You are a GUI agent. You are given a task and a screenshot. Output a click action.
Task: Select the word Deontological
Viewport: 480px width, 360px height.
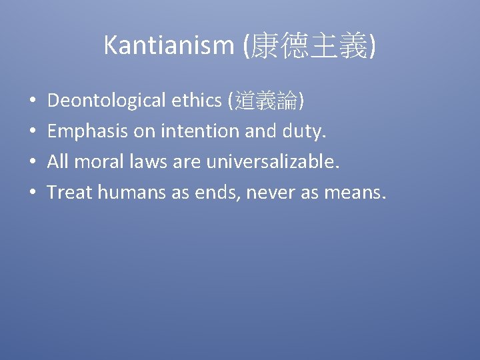107,101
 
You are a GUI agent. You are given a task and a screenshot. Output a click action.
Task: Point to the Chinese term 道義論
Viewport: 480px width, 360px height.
266,101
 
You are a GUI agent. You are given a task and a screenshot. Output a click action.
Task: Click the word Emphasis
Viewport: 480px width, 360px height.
88,132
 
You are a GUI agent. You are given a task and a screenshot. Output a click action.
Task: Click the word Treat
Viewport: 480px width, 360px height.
70,193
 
